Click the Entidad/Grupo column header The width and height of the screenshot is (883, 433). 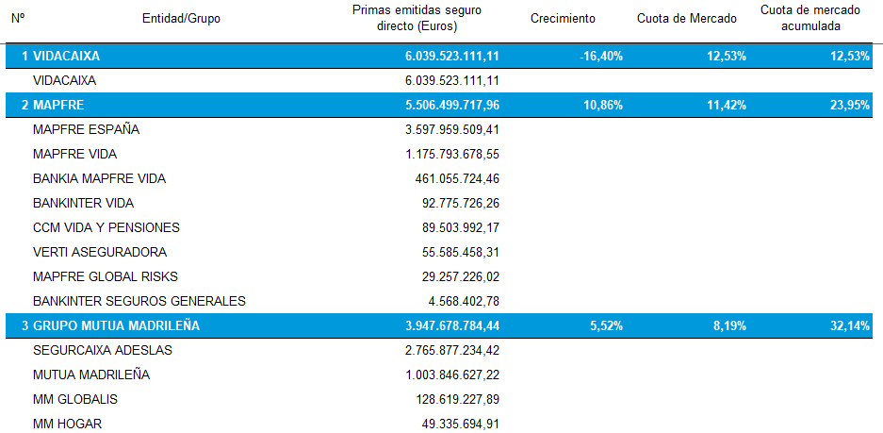tap(181, 18)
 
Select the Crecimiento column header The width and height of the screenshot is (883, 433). tap(563, 18)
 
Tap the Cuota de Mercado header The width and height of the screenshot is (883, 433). tap(687, 18)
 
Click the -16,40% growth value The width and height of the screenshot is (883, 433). tap(602, 57)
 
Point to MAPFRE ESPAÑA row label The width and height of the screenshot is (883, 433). tap(86, 129)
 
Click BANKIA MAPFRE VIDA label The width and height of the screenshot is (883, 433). tap(91, 178)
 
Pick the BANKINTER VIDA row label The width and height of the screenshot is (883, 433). tap(83, 203)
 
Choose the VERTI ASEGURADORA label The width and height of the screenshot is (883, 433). tap(99, 252)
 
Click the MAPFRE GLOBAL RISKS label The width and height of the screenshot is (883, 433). tap(105, 276)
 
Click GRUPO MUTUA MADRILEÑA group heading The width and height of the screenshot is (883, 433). tap(116, 325)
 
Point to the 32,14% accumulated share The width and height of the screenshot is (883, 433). tap(851, 325)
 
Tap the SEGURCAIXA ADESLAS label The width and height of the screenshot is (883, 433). tap(102, 350)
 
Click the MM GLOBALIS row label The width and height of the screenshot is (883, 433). tap(74, 399)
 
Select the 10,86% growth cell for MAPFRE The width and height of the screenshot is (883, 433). tap(603, 105)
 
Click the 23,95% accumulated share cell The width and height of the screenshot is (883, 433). tap(851, 105)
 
